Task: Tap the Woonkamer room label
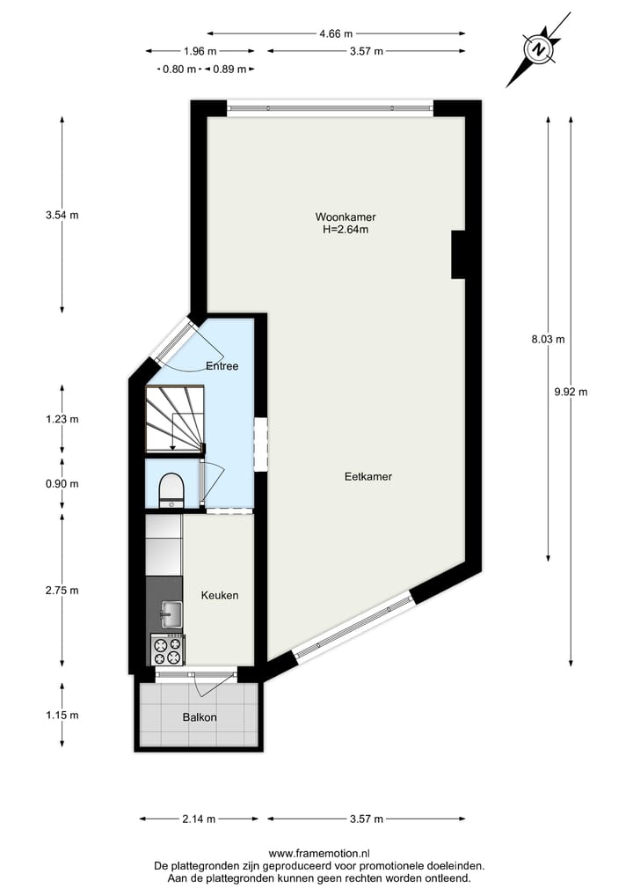339,217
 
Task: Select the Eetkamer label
367,476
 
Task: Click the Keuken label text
220,595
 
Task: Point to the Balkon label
200,717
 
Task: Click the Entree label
222,365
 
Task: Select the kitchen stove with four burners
168,650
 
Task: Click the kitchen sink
171,612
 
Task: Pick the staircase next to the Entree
174,418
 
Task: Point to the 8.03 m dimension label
548,339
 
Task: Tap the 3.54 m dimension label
62,215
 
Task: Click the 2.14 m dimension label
199,819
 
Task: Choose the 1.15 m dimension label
62,715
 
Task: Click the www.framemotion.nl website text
319,853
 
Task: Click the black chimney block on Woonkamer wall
458,254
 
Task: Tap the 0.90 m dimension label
62,483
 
